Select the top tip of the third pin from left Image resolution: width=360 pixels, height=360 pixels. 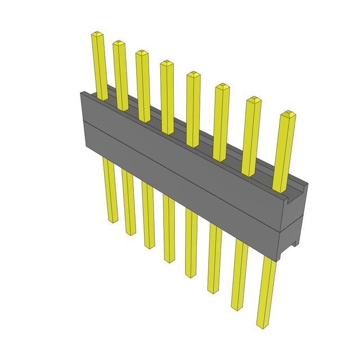(141, 53)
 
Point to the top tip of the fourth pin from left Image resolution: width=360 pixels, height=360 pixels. (166, 63)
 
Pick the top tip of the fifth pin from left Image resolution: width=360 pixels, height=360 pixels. (193, 74)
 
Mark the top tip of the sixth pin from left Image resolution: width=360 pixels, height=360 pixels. (222, 87)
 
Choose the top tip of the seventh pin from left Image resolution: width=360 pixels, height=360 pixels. (253, 100)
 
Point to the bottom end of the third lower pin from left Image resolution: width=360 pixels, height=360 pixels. (148, 246)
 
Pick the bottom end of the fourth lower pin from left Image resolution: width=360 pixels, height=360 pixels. (169, 260)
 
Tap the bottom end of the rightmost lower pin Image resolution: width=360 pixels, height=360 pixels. (262, 325)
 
